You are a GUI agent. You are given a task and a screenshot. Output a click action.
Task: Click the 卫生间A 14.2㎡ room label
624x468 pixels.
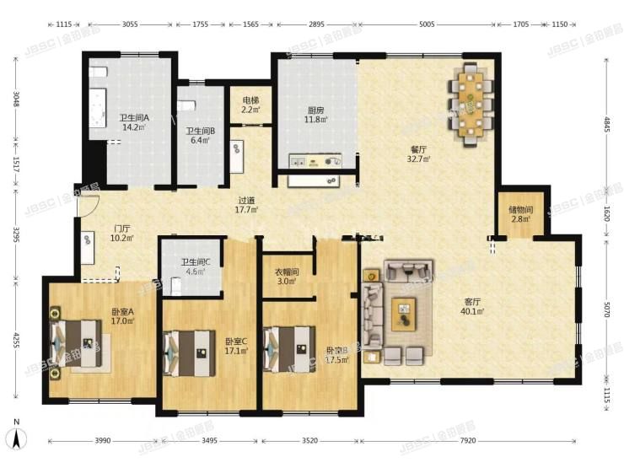click(x=134, y=123)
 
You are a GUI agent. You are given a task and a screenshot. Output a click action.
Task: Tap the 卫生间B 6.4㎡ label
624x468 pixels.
click(x=200, y=135)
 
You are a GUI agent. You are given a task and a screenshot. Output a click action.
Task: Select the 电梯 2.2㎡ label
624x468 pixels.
click(x=251, y=105)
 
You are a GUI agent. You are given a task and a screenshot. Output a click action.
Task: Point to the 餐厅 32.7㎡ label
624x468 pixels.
click(x=419, y=153)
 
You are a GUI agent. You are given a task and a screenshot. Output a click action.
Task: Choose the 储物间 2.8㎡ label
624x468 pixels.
click(x=520, y=214)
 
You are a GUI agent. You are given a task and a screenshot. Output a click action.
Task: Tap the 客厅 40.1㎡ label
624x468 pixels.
click(x=472, y=306)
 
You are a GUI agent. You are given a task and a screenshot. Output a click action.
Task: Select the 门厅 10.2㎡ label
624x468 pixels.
click(x=122, y=233)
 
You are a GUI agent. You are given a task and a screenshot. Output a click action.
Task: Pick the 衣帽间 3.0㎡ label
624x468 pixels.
click(x=286, y=276)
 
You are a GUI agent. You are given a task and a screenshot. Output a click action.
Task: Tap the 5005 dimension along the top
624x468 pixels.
click(x=427, y=25)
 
